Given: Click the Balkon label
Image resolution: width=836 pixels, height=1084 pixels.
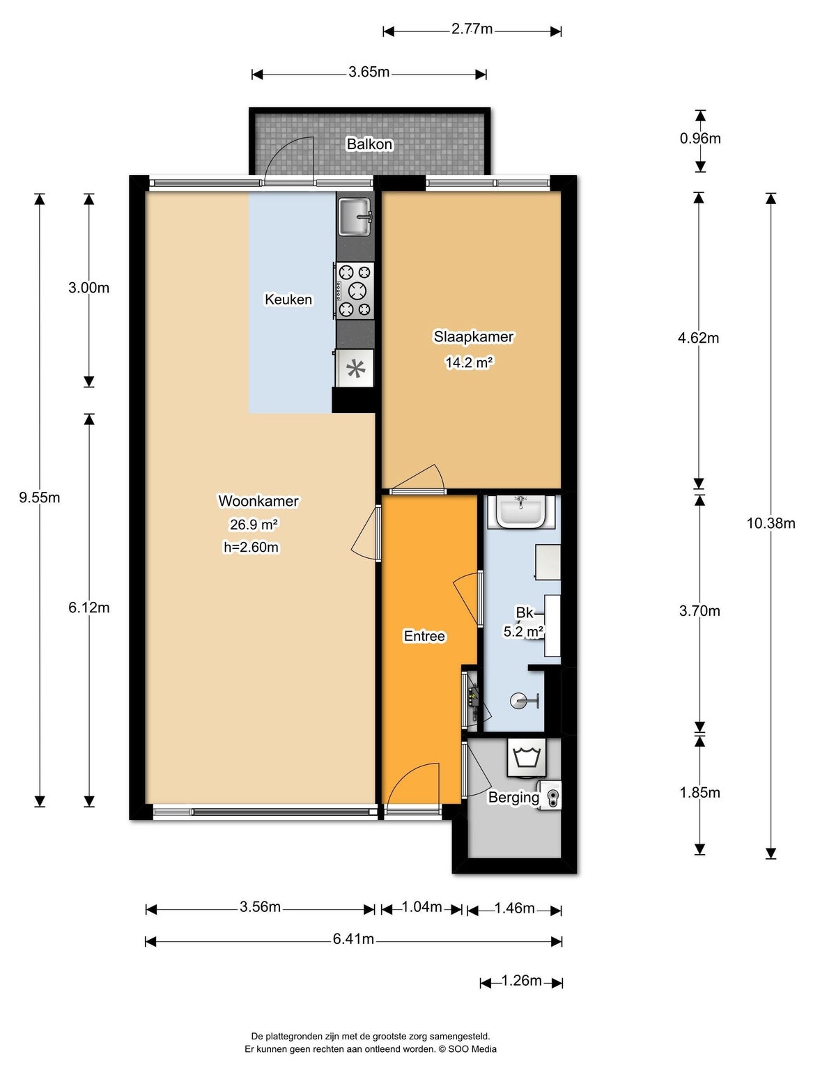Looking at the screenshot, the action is click(x=369, y=144).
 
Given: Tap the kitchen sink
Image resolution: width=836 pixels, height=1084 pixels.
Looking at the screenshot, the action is click(x=355, y=216).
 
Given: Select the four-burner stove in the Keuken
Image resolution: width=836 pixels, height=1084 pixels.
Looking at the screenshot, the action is click(x=355, y=291).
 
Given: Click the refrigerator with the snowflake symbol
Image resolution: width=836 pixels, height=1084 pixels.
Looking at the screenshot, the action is click(x=355, y=369).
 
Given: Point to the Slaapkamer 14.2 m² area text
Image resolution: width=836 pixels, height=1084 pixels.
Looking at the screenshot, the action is click(x=470, y=363).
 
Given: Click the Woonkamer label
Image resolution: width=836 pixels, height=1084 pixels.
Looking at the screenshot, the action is click(x=258, y=501).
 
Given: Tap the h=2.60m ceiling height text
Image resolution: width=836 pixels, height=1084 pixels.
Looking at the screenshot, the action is click(x=251, y=548).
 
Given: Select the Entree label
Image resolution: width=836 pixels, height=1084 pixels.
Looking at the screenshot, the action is click(x=424, y=636).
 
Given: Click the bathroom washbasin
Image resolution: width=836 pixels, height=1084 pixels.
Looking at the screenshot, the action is click(x=520, y=511).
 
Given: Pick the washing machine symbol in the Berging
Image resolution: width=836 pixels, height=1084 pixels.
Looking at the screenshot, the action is click(x=526, y=758).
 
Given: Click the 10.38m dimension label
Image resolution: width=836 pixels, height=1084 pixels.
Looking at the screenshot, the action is click(x=771, y=523).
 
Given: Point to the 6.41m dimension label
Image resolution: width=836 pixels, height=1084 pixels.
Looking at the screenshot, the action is click(x=353, y=939).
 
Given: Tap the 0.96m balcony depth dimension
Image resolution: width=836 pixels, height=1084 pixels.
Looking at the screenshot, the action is click(x=700, y=138).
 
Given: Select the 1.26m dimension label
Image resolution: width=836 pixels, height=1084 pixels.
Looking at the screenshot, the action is click(x=521, y=980).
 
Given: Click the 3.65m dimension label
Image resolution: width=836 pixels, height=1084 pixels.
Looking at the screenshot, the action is click(x=369, y=72).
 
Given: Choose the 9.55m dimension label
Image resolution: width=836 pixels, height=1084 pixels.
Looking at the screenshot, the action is click(x=40, y=497).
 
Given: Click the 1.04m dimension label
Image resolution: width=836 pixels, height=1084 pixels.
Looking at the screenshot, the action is click(x=421, y=906).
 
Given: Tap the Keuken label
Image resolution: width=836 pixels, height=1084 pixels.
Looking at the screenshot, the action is click(x=288, y=300).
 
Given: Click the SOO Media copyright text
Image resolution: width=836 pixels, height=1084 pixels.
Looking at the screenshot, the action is click(x=467, y=1048).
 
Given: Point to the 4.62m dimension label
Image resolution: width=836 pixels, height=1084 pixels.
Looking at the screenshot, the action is click(x=698, y=338).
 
